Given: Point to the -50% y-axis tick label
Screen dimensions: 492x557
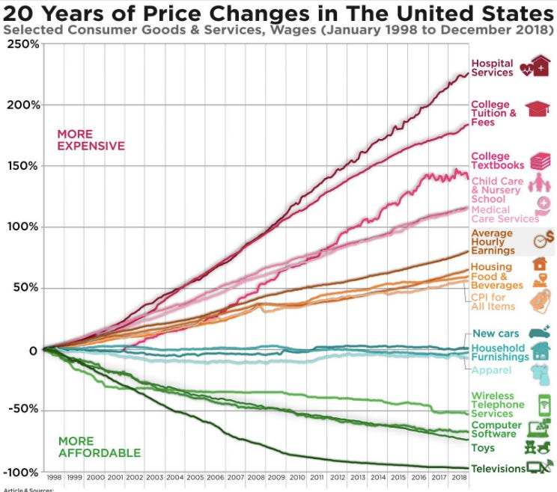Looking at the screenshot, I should pyautogui.click(x=20, y=410).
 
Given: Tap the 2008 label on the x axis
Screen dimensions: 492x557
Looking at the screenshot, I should pyautogui.click(x=256, y=476).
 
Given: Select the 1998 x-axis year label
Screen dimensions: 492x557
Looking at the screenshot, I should pyautogui.click(x=54, y=476).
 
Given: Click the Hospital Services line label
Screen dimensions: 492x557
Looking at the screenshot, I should pyautogui.click(x=492, y=68).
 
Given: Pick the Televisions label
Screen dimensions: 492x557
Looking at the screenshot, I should pyautogui.click(x=497, y=468).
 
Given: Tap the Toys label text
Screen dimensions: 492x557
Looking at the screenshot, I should pyautogui.click(x=483, y=449).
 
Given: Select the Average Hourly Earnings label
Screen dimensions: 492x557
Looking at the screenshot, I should pyautogui.click(x=492, y=242).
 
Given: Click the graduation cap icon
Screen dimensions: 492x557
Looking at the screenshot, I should pyautogui.click(x=538, y=109).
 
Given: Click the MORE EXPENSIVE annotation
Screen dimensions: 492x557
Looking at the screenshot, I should pyautogui.click(x=91, y=140).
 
